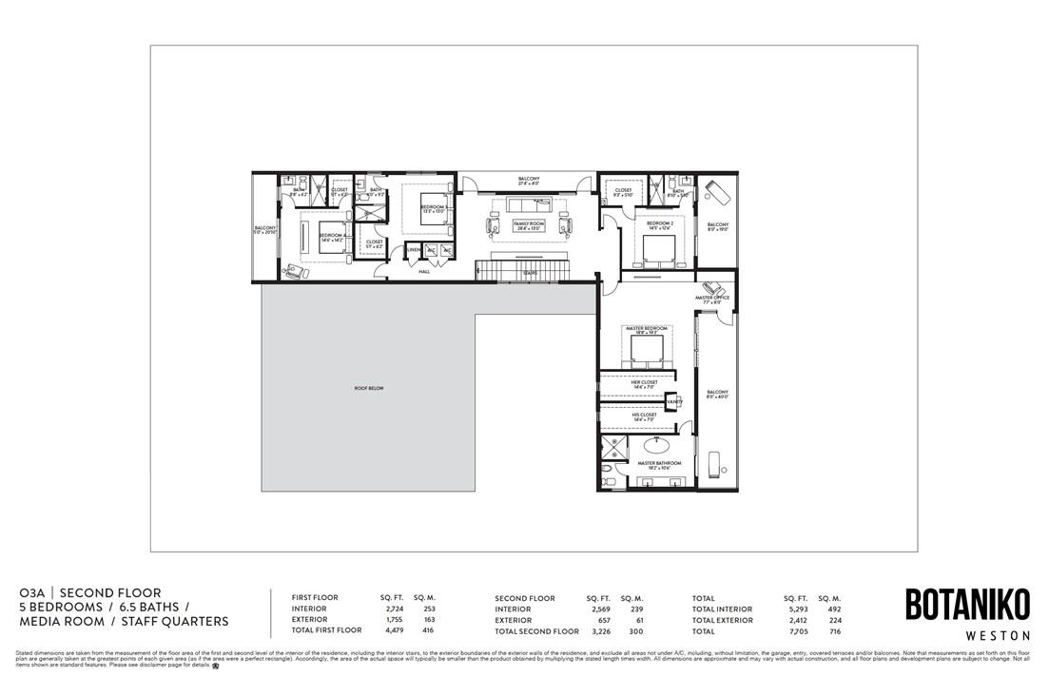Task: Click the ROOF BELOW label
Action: [367, 389]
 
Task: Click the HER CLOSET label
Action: [644, 383]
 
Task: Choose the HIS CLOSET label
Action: [644, 416]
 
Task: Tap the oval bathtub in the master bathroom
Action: [656, 445]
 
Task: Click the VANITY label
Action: [674, 403]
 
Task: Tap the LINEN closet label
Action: [414, 250]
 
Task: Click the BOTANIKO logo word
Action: [967, 605]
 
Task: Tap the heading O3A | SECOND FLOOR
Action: [90, 593]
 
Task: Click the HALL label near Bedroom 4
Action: [424, 272]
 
